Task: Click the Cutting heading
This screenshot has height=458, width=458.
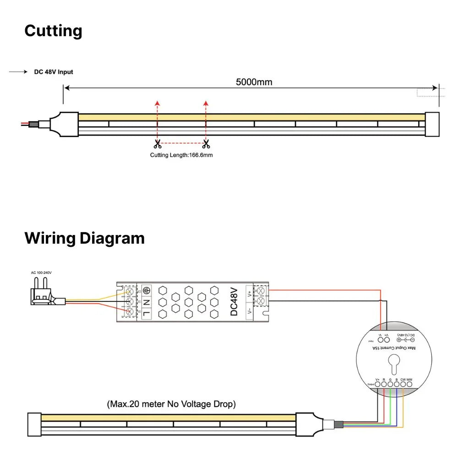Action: click(x=53, y=31)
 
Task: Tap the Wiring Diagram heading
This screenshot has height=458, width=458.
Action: click(x=84, y=238)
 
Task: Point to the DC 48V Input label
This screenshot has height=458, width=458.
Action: click(x=54, y=72)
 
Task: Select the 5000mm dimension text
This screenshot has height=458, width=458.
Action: click(x=254, y=82)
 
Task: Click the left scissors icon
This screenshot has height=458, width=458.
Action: click(x=158, y=144)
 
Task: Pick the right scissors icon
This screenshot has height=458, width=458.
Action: click(x=206, y=144)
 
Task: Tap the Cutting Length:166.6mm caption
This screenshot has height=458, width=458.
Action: click(x=181, y=155)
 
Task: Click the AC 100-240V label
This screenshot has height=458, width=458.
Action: click(x=41, y=273)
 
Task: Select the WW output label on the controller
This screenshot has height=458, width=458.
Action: click(x=409, y=379)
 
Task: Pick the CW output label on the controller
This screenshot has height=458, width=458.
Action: click(x=403, y=379)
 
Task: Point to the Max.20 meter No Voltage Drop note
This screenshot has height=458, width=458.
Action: click(x=171, y=404)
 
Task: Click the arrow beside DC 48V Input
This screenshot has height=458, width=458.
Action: click(x=18, y=72)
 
